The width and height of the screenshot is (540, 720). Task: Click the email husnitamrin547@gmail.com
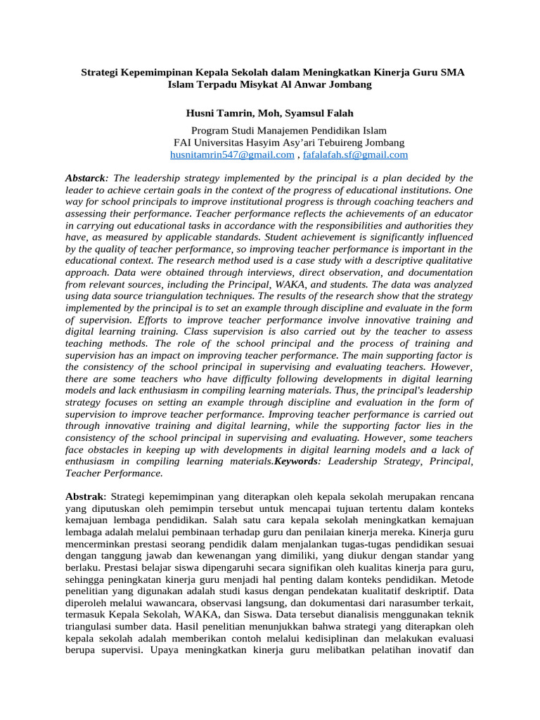[232, 155]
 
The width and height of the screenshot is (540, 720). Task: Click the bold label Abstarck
[84, 178]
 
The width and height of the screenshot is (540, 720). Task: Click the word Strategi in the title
[103, 72]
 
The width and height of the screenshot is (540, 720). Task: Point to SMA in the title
[451, 72]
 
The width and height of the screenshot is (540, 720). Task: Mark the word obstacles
[108, 449]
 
